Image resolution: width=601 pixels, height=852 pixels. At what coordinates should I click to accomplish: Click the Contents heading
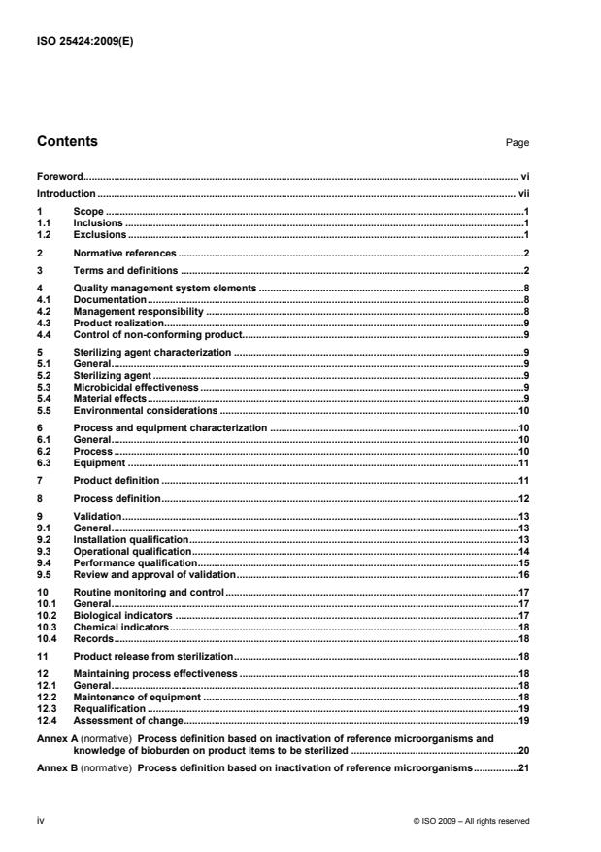67,142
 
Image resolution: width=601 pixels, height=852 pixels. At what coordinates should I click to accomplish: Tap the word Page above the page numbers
518,143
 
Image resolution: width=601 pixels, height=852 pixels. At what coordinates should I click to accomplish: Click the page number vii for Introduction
521,194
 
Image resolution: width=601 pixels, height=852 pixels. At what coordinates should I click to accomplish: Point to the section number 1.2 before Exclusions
44,235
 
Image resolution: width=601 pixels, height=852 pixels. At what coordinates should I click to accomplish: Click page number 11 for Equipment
522,462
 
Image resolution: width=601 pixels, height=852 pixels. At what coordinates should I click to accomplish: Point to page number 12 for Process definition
522,497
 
